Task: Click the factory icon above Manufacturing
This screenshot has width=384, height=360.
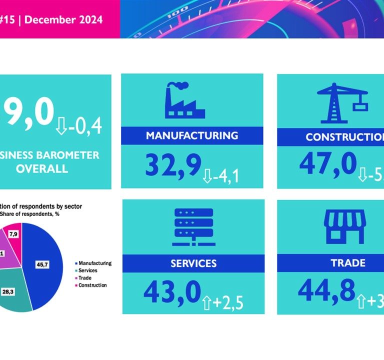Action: [184, 100]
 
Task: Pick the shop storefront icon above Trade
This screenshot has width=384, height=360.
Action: [345, 226]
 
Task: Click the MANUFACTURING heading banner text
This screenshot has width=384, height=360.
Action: [192, 135]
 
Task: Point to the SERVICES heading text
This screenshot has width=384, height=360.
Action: [192, 263]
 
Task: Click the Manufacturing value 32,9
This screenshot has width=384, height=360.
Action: [173, 164]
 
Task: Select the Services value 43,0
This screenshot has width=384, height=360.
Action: [172, 292]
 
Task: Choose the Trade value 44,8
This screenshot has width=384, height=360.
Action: [326, 290]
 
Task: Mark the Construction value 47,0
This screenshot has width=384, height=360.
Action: [328, 164]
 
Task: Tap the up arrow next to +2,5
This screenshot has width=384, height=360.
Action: [207, 302]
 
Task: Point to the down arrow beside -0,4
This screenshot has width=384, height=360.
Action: [61, 126]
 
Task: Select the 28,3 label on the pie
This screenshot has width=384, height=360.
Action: [21, 290]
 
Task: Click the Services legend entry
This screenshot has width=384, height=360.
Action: [87, 270]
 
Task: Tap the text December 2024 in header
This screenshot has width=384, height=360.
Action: [63, 20]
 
